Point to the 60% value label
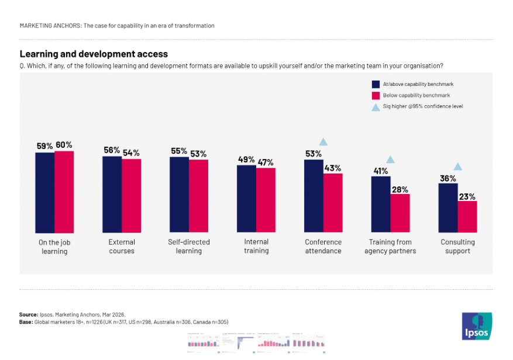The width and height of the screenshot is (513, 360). click(64, 145)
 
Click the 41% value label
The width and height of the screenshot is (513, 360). click(381, 171)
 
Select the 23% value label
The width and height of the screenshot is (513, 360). click(467, 196)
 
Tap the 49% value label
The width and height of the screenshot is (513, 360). click(246, 160)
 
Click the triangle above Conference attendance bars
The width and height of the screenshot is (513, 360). click(323, 142)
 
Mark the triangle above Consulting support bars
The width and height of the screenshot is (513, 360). click(457, 167)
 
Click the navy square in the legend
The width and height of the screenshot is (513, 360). click(376, 84)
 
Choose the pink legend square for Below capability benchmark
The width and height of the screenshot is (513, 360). click(376, 95)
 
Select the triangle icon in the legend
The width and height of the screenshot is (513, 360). click(376, 106)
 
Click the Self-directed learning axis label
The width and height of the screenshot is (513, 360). click(189, 246)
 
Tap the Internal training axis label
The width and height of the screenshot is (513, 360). click(256, 246)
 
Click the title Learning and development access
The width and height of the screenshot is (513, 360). click(94, 54)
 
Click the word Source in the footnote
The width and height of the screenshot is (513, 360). click(29, 314)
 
